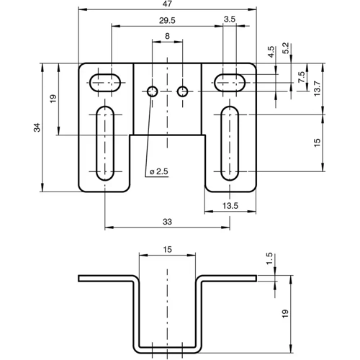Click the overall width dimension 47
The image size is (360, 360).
pyautogui.click(x=166, y=5)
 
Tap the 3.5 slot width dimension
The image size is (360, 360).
pyautogui.click(x=230, y=19)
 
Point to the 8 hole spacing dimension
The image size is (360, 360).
pyautogui.click(x=167, y=36)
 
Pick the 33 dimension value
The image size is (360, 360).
pyautogui.click(x=167, y=223)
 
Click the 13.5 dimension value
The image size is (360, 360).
pyautogui.click(x=230, y=206)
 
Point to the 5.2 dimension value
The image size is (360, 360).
pyautogui.click(x=287, y=48)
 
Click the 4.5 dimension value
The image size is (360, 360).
pyautogui.click(x=271, y=52)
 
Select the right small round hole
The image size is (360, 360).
pyautogui.click(x=182, y=91)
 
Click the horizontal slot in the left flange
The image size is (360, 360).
pyautogui.click(x=104, y=81)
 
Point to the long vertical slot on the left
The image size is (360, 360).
pyautogui.click(x=104, y=143)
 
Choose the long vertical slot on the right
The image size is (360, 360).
pyautogui.click(x=230, y=143)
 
